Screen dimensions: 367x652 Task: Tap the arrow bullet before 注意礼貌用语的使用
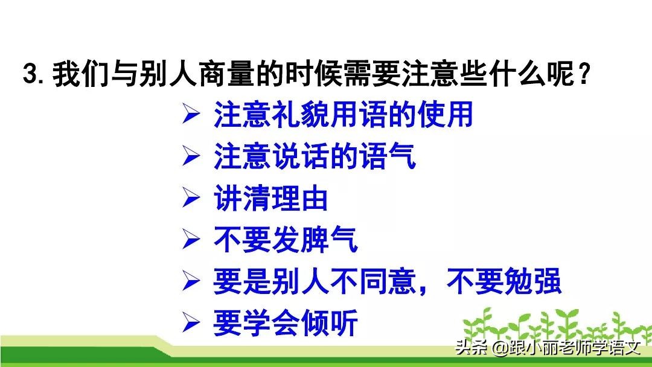click(x=191, y=115)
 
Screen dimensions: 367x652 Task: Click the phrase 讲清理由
click(x=270, y=199)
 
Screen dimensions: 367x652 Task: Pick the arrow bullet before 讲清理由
click(x=191, y=199)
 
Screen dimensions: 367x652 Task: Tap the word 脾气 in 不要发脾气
click(x=330, y=240)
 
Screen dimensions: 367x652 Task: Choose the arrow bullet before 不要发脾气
click(x=191, y=240)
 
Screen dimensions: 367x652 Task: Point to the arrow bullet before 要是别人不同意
click(x=191, y=281)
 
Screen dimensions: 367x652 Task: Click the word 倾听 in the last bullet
click(x=330, y=323)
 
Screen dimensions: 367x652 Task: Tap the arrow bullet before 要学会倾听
click(x=191, y=323)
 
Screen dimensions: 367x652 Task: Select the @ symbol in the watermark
click(x=499, y=348)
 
